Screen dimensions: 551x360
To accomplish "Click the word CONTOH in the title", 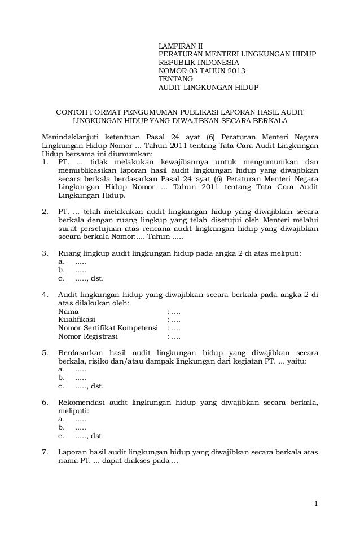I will click(x=71, y=112).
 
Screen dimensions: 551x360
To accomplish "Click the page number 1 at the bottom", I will click(x=317, y=503).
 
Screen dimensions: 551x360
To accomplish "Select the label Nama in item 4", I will click(x=68, y=311).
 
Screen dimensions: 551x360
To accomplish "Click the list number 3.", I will click(x=45, y=253).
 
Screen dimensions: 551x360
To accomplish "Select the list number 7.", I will click(x=45, y=452).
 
